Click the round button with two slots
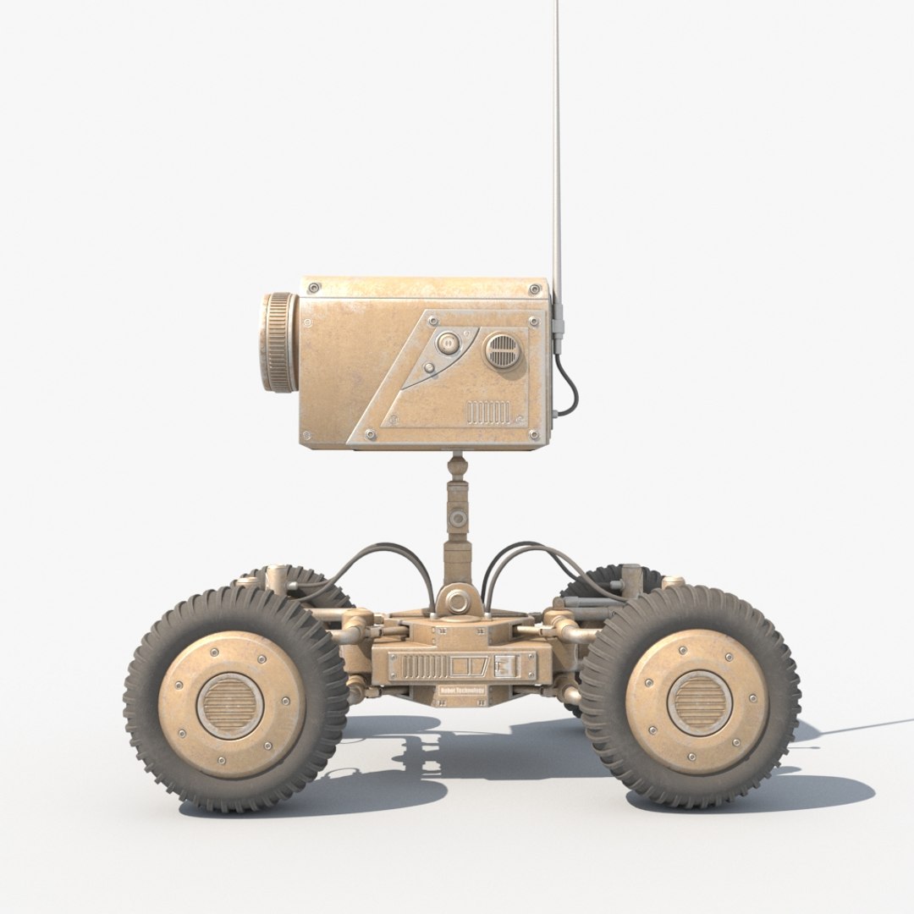tap(447, 343)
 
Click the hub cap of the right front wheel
tap(697, 702)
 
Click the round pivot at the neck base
tap(458, 603)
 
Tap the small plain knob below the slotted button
tap(430, 368)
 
